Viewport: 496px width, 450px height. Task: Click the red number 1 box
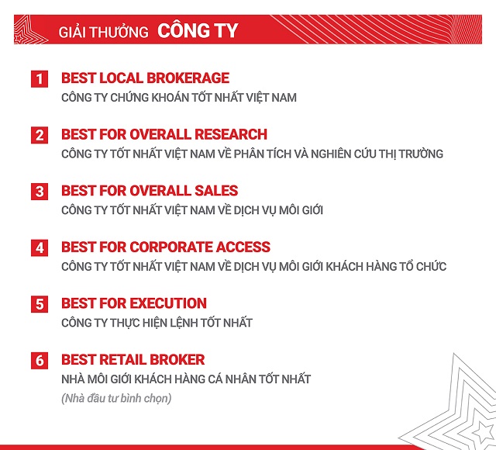40,79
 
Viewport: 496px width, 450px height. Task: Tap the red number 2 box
40,135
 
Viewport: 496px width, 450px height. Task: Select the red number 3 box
40,192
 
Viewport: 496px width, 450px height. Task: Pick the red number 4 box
40,248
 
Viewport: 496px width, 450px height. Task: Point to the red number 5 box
40,304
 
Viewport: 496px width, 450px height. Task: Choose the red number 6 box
40,361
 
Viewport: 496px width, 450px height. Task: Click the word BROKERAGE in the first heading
188,78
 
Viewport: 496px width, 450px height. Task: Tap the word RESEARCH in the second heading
231,134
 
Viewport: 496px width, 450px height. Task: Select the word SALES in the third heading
216,191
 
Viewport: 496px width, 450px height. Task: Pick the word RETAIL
122,360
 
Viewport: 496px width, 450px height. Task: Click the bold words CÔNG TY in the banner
198,30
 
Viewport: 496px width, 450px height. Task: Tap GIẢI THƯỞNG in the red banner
103,32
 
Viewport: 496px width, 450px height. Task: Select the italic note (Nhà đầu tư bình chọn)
116,398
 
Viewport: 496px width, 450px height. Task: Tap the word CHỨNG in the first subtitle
129,98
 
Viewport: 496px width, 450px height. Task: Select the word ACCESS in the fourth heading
243,247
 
